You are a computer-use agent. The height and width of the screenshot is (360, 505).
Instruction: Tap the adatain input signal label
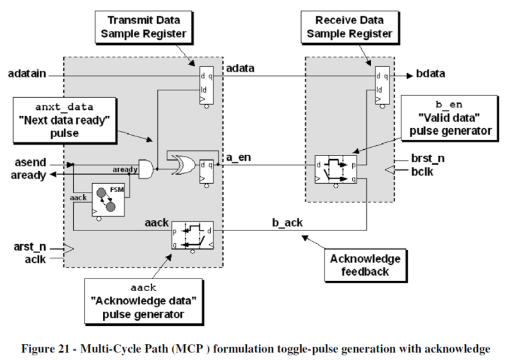click(x=27, y=75)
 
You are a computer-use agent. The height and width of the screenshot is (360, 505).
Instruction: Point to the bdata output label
click(x=431, y=74)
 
